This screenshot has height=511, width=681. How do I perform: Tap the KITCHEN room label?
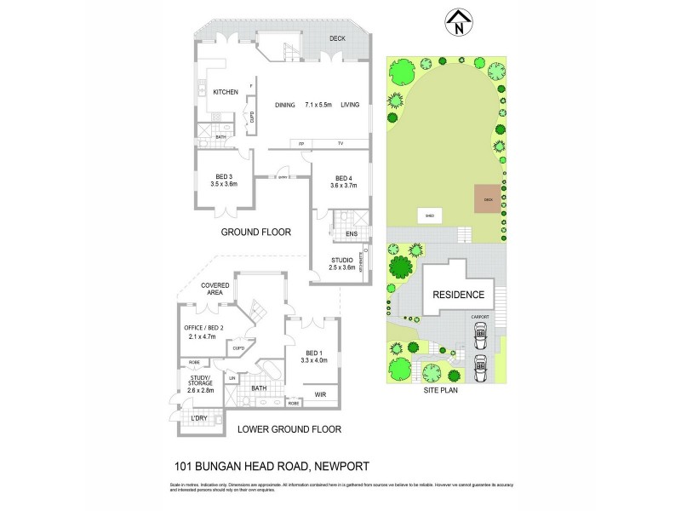225,92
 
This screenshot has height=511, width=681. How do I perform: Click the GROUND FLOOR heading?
256,232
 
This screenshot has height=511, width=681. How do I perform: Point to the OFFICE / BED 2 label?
203,328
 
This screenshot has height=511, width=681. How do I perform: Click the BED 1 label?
314,353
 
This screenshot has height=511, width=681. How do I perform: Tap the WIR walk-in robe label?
320,394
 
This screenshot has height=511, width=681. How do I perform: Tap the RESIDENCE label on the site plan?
459,296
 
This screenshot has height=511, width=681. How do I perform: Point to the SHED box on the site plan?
430,216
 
